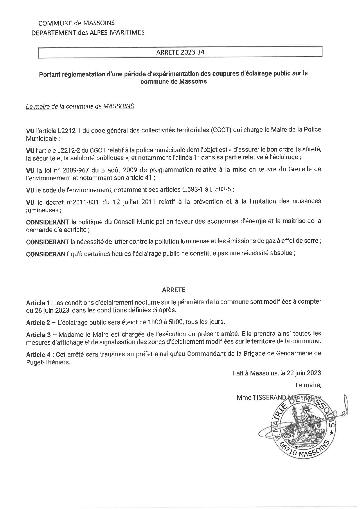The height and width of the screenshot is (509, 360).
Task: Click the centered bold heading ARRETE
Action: click(174, 290)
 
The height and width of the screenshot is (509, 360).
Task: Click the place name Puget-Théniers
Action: click(48, 363)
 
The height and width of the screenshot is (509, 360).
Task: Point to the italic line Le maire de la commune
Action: click(80, 106)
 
